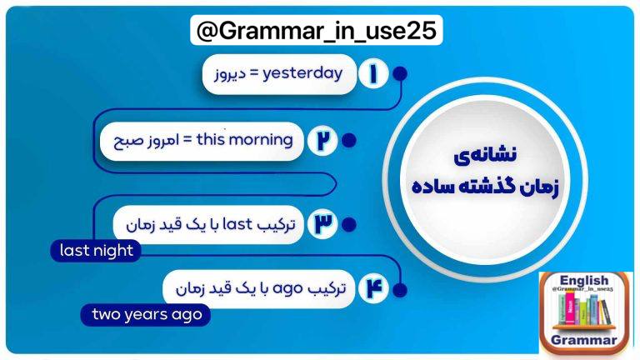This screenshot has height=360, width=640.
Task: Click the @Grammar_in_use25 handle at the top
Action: (x=317, y=30)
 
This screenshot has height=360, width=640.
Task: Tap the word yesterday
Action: (x=302, y=74)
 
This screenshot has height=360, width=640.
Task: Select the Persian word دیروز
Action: (x=230, y=74)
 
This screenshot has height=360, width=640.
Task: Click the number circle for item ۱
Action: (x=373, y=74)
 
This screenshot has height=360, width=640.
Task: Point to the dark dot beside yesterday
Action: (x=400, y=74)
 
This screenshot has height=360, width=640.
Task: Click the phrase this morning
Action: (x=244, y=140)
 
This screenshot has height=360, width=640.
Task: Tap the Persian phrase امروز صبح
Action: (x=146, y=140)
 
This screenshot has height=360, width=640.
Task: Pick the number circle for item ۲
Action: (x=322, y=140)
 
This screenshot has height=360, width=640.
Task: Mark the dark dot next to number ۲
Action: (x=348, y=140)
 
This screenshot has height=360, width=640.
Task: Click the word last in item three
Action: (x=237, y=224)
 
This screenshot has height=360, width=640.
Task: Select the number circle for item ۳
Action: (x=322, y=223)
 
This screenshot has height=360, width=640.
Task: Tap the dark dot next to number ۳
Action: (x=348, y=224)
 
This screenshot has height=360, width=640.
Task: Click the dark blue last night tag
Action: (x=96, y=251)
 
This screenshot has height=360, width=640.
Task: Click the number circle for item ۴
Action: (x=373, y=288)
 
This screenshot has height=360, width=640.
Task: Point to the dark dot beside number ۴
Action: (x=400, y=290)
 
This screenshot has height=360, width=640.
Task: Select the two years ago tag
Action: (x=146, y=315)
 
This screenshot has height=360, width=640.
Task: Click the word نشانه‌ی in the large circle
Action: (x=485, y=156)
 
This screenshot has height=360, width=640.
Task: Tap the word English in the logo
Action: (x=583, y=280)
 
